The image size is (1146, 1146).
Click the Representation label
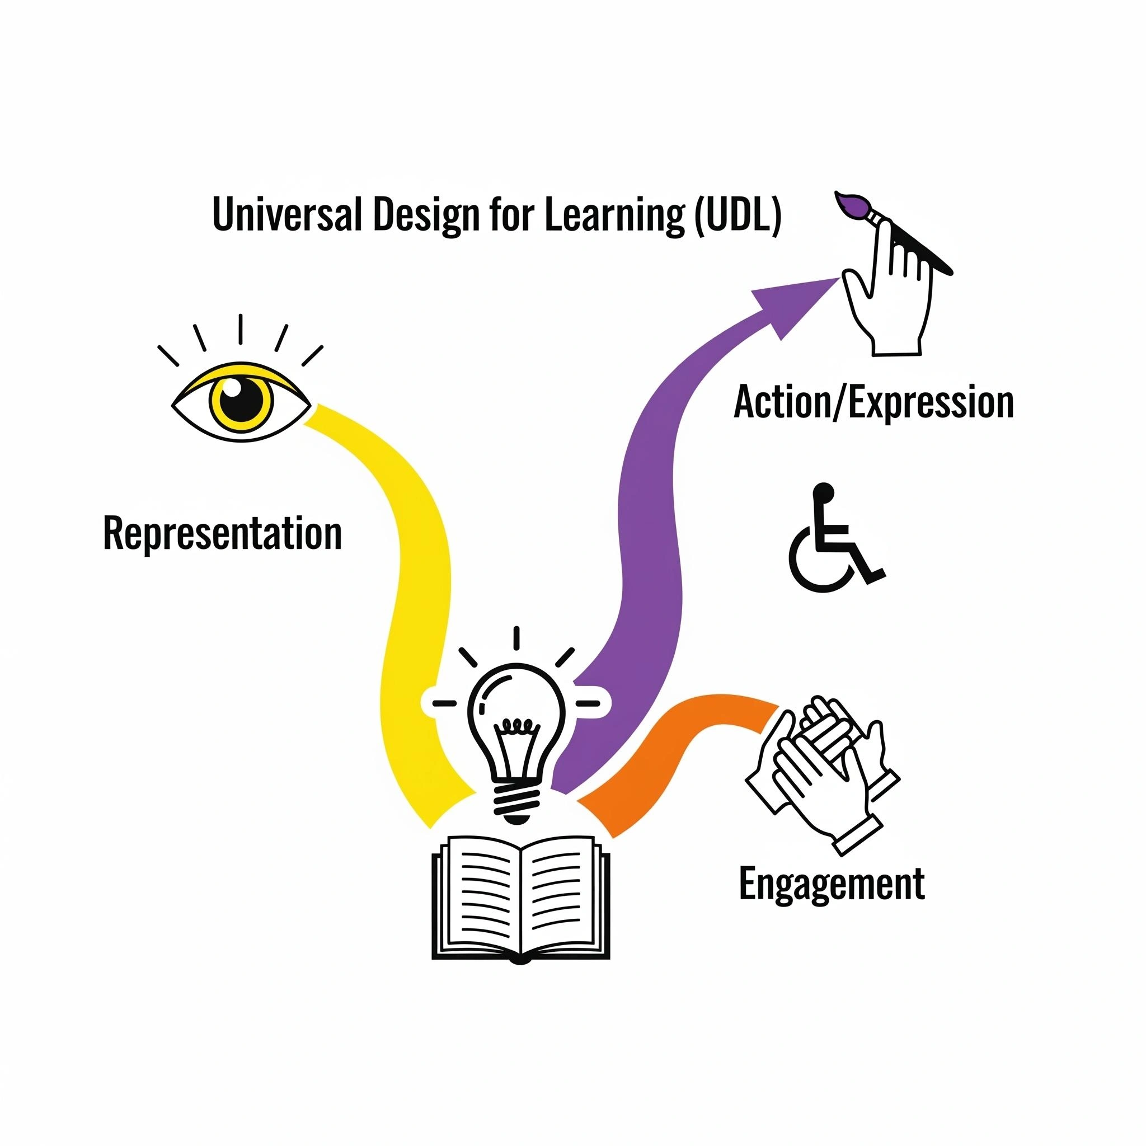point(223,534)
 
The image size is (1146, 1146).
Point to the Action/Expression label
point(873,403)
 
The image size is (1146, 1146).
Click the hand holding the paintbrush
point(890,297)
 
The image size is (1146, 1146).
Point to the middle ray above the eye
point(240,328)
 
